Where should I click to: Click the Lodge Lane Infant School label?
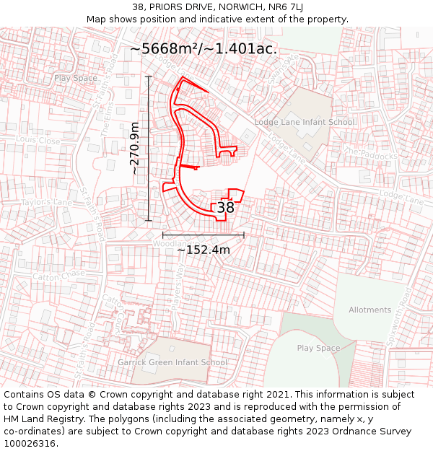[304, 122]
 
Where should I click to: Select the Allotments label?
[369, 310]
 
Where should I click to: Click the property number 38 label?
[226, 207]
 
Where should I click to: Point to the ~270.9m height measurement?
[135, 149]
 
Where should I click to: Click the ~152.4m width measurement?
[204, 250]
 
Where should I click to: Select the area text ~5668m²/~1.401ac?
[203, 49]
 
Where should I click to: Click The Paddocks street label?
[371, 153]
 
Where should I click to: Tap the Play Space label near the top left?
[75, 78]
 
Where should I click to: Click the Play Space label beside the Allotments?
[318, 349]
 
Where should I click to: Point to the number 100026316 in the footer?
[30, 443]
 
